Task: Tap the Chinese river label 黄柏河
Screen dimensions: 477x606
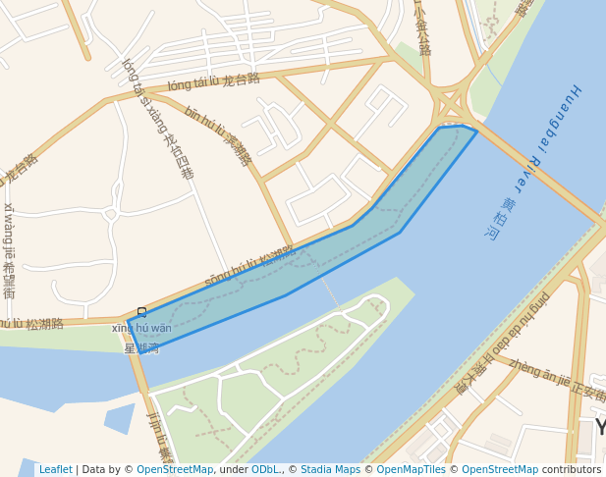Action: (500, 219)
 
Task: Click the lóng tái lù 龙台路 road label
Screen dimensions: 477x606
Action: (213, 81)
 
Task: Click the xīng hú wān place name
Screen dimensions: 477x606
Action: (141, 328)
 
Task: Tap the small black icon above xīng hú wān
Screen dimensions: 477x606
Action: (140, 312)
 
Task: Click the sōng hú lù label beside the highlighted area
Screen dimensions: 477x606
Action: (249, 266)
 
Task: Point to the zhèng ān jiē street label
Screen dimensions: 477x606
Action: (556, 381)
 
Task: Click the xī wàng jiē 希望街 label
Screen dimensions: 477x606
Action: (9, 250)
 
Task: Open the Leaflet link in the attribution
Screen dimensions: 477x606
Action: (55, 470)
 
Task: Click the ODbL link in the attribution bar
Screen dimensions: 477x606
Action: (265, 470)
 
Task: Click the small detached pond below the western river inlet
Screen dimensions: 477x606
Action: (119, 419)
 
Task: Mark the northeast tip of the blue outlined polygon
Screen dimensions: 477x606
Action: (476, 131)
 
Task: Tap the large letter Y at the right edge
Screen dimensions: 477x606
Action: (599, 427)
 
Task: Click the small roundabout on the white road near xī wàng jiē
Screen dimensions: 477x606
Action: (110, 214)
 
